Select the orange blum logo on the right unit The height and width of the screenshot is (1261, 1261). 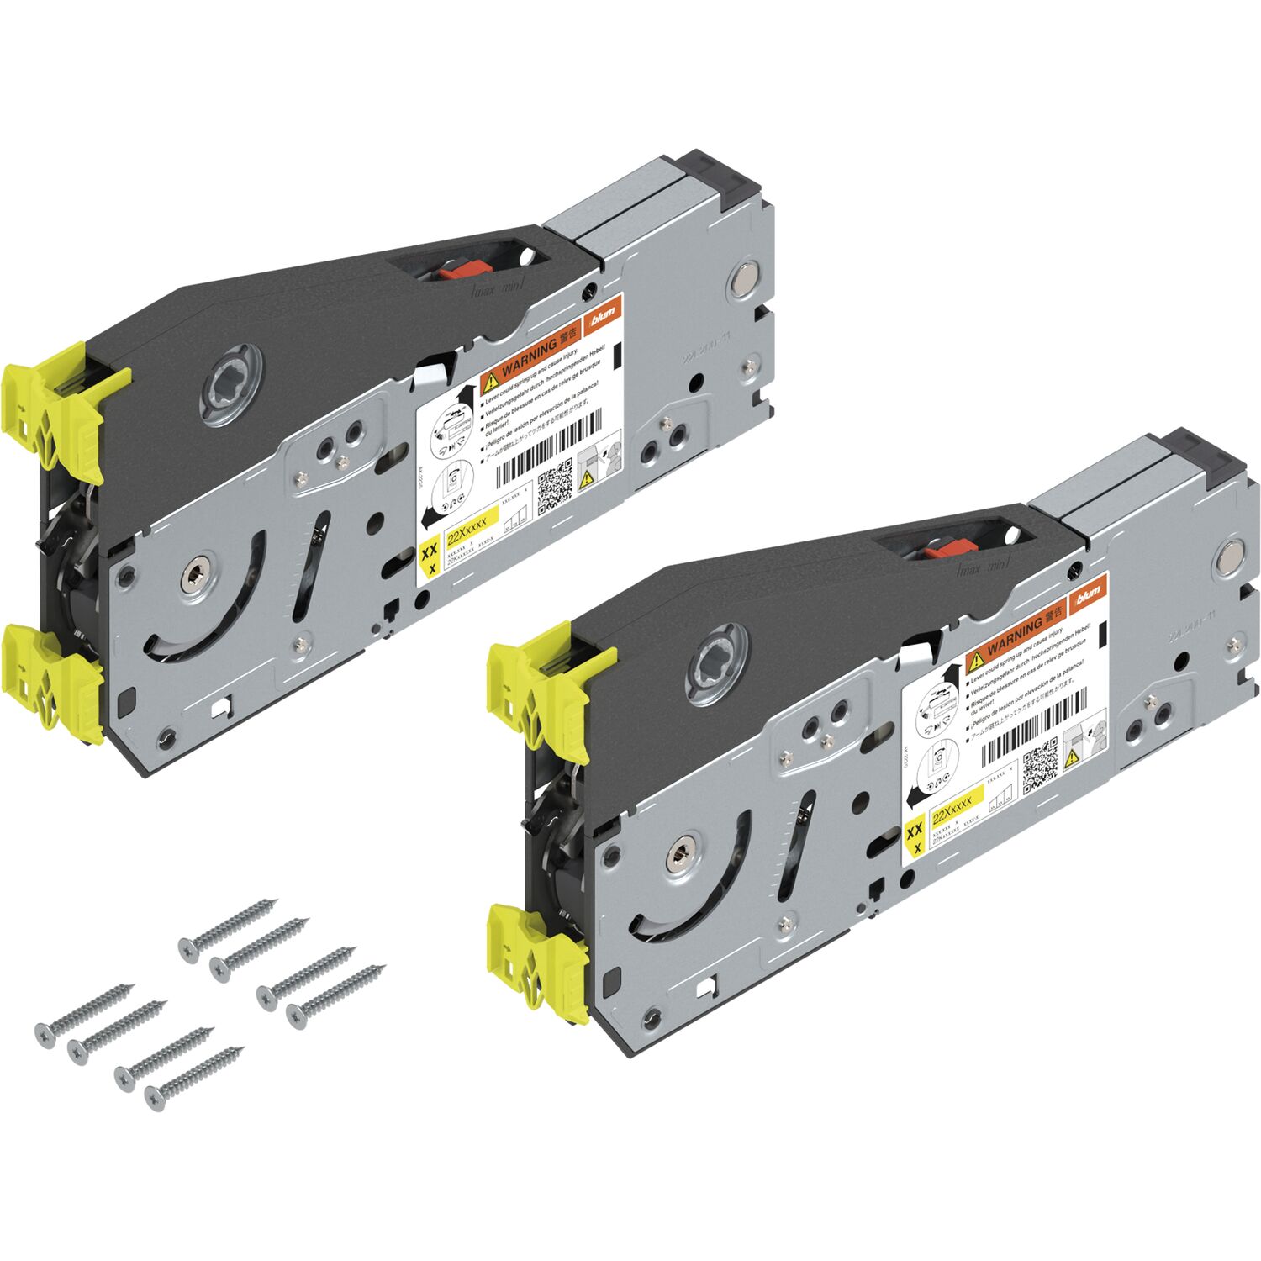(x=1088, y=595)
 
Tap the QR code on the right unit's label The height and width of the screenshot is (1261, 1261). (x=1041, y=762)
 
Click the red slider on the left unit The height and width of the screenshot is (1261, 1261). (x=463, y=270)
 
